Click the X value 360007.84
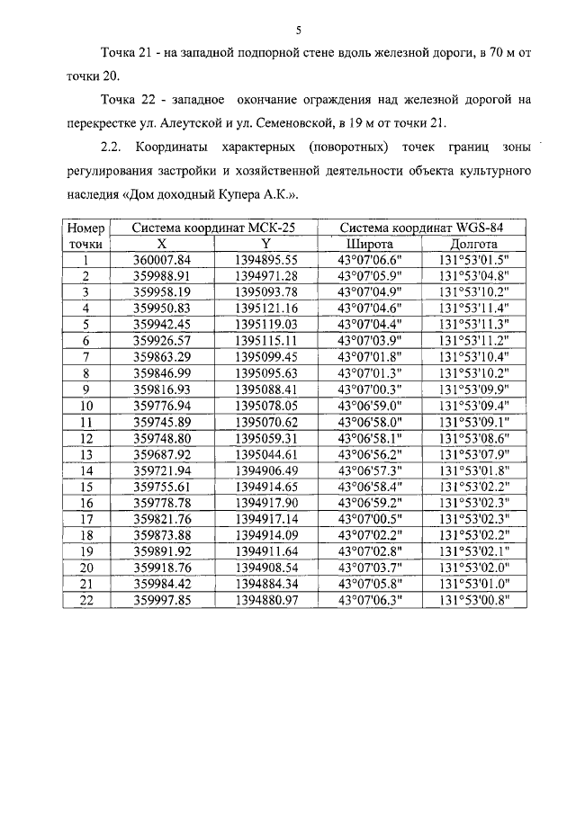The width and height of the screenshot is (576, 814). [x=162, y=260]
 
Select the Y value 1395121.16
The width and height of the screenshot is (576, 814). [x=265, y=309]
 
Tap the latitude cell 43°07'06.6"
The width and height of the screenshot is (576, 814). [x=369, y=260]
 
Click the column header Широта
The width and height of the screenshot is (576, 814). [x=369, y=244]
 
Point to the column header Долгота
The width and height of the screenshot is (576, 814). [x=474, y=244]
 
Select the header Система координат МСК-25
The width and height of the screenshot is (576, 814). [x=213, y=228]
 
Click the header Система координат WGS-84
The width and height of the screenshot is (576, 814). [x=421, y=228]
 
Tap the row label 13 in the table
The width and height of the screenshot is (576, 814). [x=86, y=454]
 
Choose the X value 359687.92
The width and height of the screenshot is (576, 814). [x=162, y=454]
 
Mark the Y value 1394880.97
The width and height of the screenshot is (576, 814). [x=265, y=600]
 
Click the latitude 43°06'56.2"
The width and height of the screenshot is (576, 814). [x=369, y=454]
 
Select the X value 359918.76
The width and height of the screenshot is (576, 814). [x=162, y=568]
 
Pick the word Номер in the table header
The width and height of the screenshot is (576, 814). [x=86, y=228]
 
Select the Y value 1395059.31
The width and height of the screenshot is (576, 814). [x=265, y=438]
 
